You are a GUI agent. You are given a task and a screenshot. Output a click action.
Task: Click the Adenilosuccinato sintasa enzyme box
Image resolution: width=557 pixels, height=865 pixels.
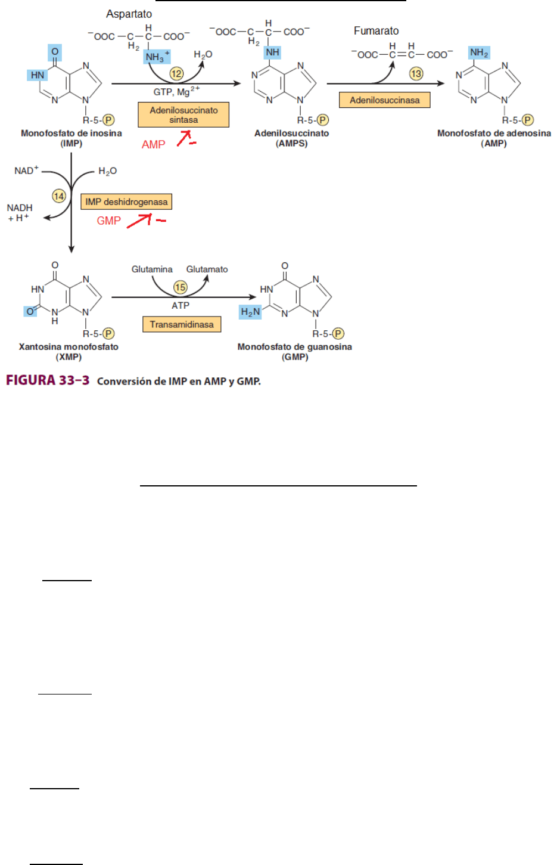(x=183, y=115)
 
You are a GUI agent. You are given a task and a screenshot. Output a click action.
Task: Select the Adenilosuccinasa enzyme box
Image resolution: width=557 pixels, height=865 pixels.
(x=384, y=100)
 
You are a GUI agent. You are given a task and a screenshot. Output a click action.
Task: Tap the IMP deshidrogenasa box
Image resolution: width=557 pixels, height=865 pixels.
(x=126, y=202)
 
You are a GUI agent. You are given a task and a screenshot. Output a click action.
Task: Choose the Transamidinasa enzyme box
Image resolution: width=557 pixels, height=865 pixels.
(x=182, y=325)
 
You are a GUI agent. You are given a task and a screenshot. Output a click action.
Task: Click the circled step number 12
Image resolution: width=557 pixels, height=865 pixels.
(x=176, y=73)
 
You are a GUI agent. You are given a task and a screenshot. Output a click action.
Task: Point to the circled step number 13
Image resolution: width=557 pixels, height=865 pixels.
(x=416, y=73)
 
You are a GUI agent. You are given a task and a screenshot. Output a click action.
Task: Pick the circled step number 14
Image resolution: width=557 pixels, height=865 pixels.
(x=59, y=196)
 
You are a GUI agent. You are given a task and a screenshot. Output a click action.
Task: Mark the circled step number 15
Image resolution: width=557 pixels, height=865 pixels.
(x=180, y=287)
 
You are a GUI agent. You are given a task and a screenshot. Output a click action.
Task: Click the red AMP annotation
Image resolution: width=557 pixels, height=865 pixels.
(x=153, y=145)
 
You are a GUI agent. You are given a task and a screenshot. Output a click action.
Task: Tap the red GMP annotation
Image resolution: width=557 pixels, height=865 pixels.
(x=108, y=221)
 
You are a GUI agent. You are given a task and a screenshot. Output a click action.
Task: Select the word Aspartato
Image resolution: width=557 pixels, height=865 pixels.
(x=129, y=14)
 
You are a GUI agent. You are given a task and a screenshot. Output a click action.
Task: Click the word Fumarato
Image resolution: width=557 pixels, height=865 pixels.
(x=376, y=31)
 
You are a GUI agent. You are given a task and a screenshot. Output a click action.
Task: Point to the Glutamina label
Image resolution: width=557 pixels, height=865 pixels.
(x=152, y=269)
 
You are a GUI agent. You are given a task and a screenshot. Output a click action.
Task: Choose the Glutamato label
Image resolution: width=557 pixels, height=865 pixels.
(x=207, y=269)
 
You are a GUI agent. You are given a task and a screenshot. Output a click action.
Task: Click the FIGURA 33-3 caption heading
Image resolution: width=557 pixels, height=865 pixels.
(x=48, y=380)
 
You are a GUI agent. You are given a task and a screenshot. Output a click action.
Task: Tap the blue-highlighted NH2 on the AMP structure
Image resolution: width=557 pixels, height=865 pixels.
(x=479, y=53)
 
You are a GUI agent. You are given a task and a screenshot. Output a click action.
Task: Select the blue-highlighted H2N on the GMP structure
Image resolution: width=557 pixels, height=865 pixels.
(x=250, y=312)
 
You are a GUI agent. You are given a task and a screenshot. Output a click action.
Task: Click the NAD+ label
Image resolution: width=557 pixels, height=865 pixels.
(x=26, y=170)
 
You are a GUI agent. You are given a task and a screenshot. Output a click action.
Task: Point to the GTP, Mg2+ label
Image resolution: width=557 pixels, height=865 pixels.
(x=176, y=92)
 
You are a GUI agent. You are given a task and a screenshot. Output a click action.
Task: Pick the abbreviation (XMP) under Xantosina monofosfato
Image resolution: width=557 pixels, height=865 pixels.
(x=69, y=357)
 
